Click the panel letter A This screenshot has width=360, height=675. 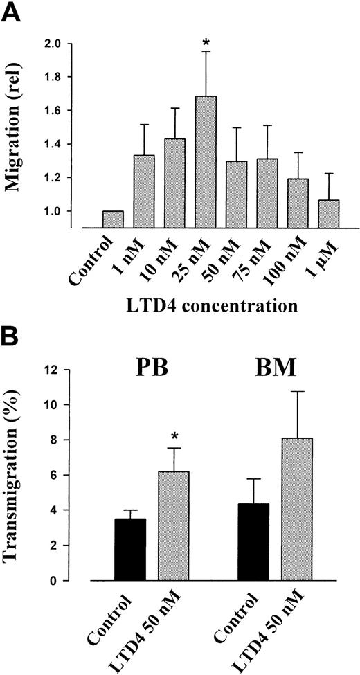coord(12,12)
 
